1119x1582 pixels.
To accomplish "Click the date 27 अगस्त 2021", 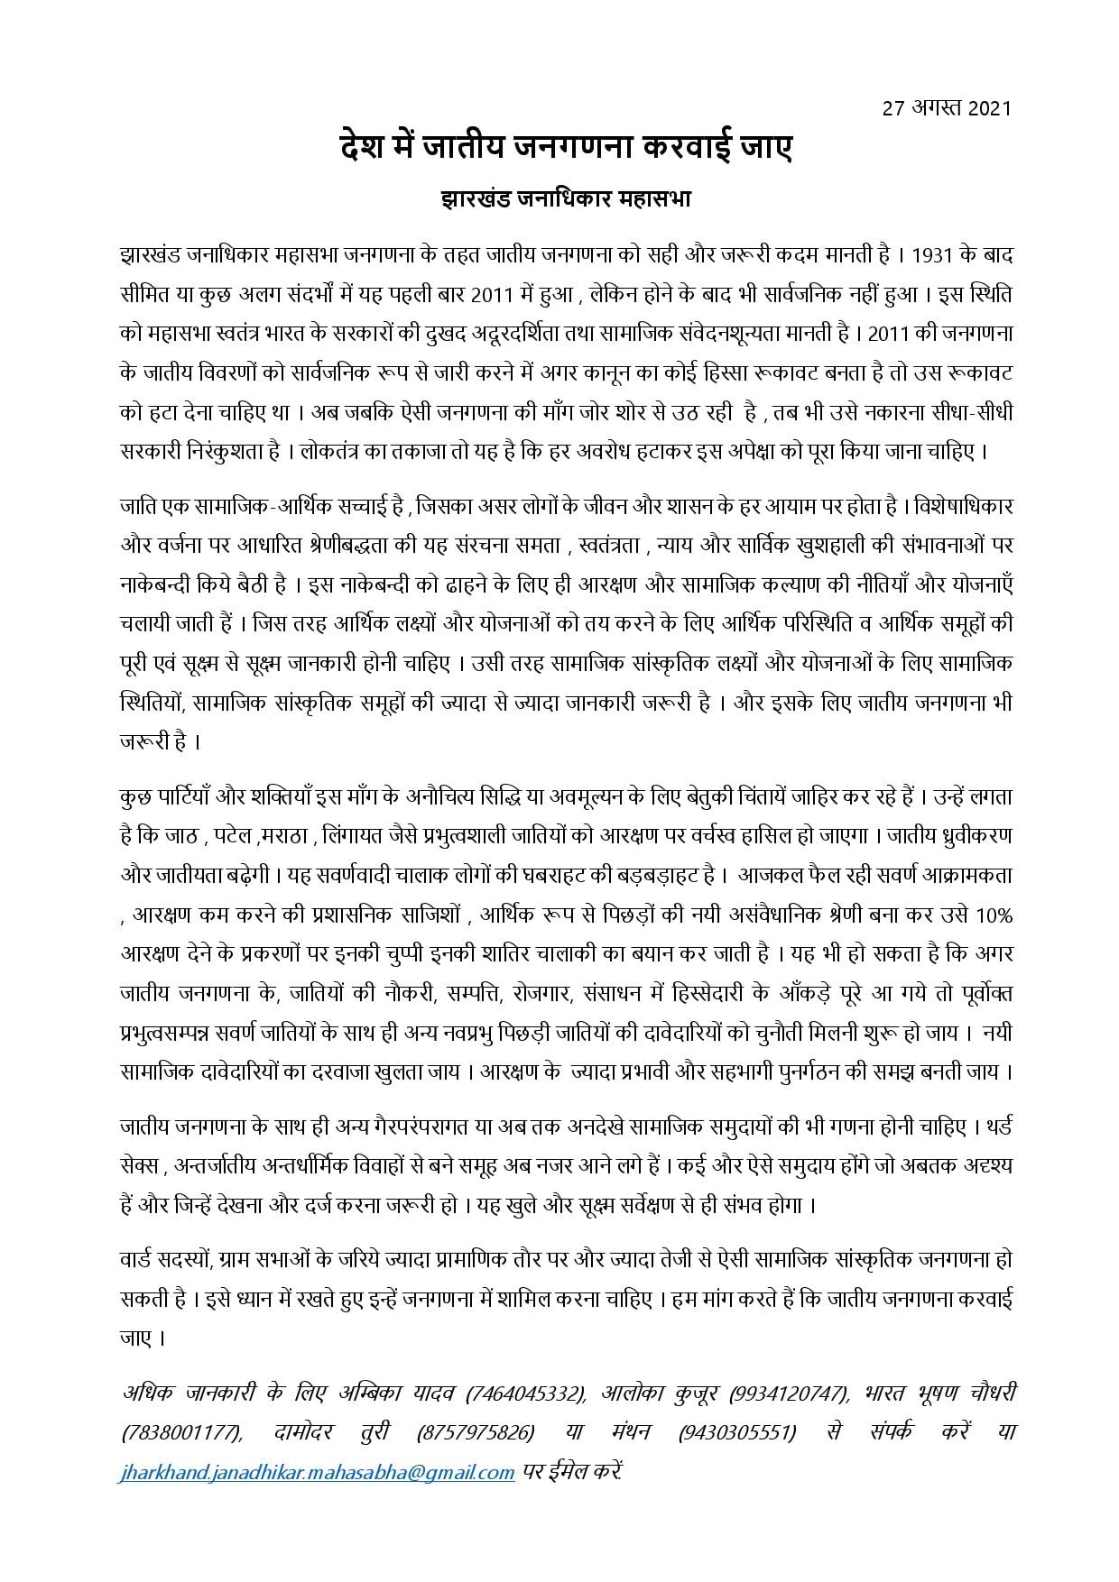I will (x=948, y=109).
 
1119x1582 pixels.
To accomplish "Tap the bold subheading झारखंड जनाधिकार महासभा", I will (x=559, y=198).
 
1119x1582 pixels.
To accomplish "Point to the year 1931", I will (x=931, y=255).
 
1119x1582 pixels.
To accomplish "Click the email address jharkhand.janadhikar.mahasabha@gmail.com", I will (x=317, y=1472).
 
